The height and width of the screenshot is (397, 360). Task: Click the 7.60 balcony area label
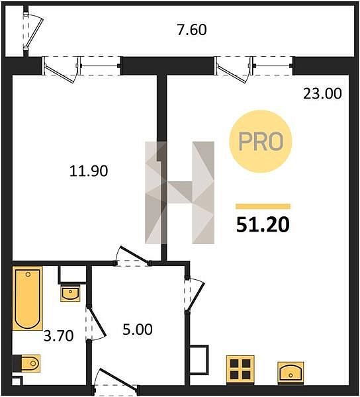[192, 30]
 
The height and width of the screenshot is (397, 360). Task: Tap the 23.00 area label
[322, 93]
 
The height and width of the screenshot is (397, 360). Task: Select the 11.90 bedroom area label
[89, 171]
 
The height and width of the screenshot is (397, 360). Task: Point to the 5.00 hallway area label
[138, 330]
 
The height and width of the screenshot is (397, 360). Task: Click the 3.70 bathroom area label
[58, 335]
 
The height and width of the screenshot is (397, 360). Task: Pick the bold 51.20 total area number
[263, 225]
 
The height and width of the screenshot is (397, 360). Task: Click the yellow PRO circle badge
[261, 142]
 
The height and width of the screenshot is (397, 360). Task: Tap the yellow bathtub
[28, 298]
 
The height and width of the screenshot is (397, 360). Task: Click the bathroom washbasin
[70, 294]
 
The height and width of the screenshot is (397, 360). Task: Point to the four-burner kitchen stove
[240, 370]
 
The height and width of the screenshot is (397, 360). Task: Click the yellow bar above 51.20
[263, 206]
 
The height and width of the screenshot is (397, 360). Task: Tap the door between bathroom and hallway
[95, 324]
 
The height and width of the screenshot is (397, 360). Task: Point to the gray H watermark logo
[180, 193]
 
